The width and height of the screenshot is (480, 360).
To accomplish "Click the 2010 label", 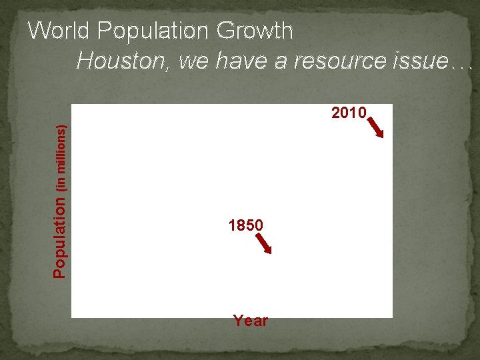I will (x=349, y=113).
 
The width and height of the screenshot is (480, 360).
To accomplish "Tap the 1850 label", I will (x=245, y=226).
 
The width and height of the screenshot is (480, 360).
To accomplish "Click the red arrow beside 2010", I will (x=376, y=127).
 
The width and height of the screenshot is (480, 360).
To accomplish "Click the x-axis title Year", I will (x=251, y=321).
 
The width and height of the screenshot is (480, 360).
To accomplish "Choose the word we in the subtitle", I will (x=193, y=61).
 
